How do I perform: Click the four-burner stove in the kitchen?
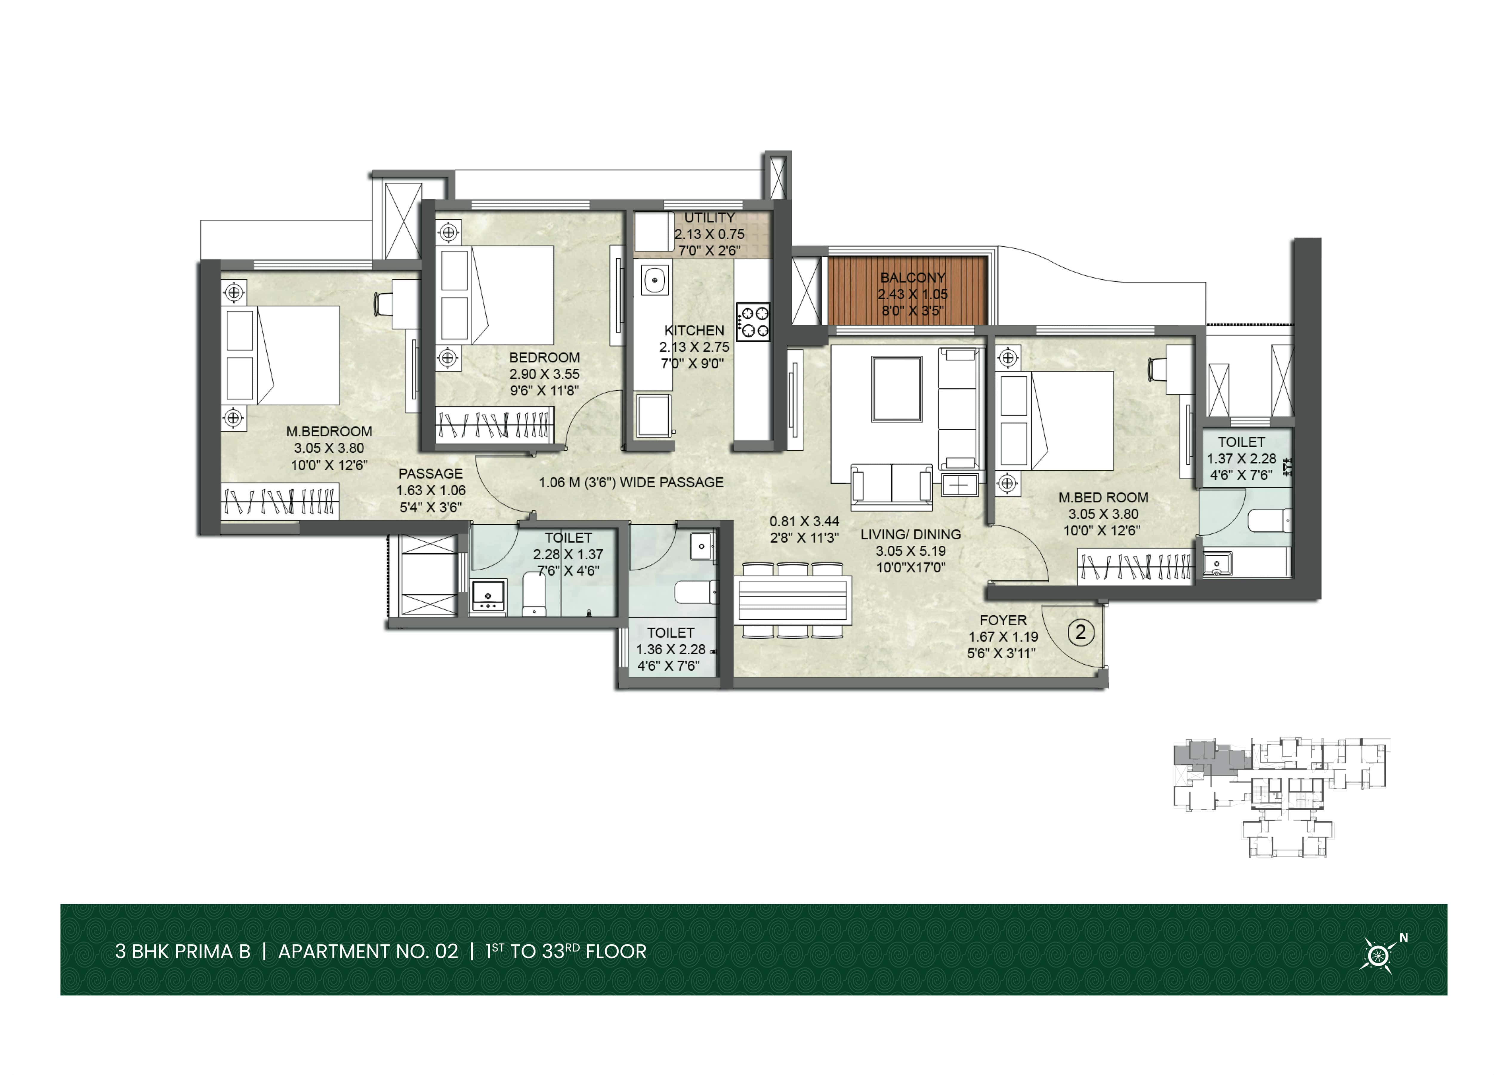[753, 322]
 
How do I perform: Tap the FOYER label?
[1003, 620]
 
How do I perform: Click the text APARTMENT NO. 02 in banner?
[368, 952]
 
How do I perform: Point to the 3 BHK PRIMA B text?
[183, 952]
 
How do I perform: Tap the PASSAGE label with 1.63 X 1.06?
[431, 474]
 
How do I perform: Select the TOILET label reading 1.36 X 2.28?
[670, 633]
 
